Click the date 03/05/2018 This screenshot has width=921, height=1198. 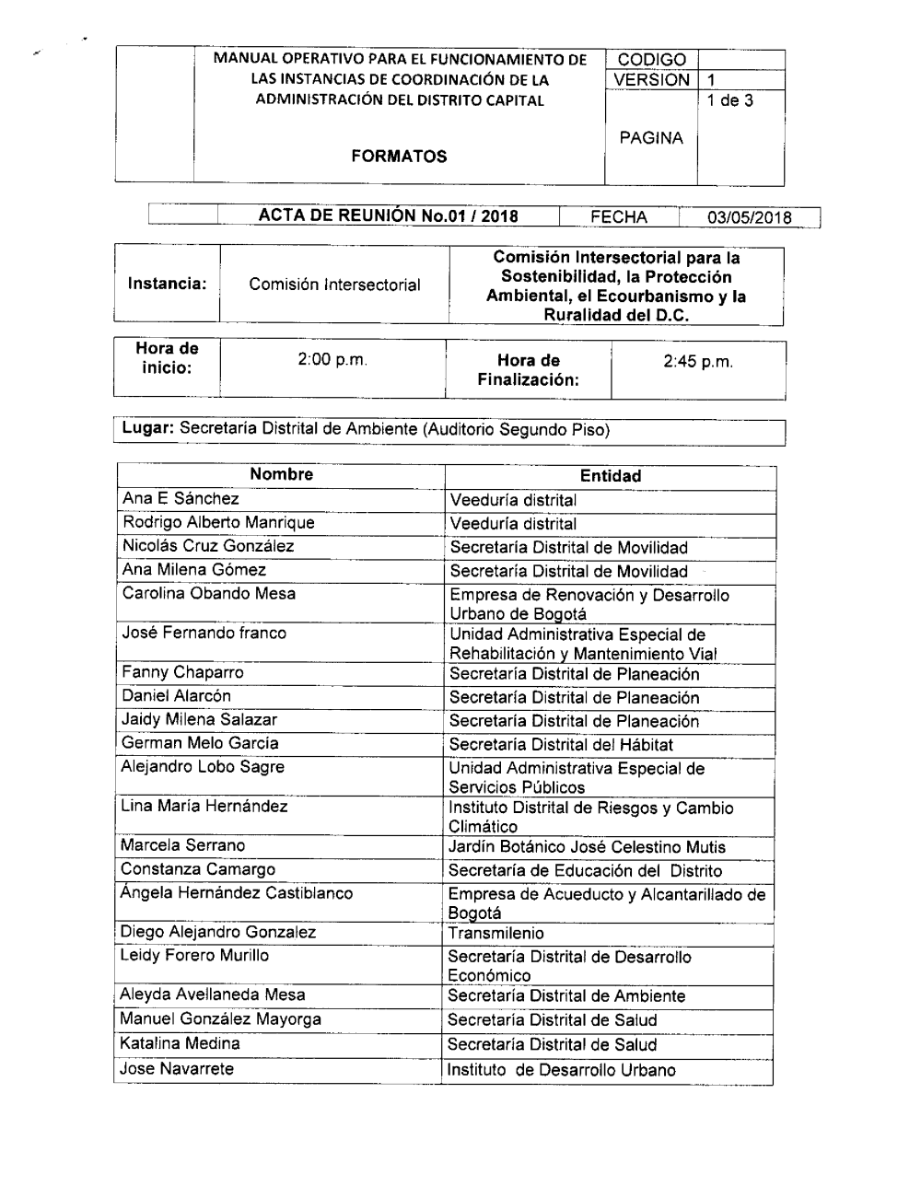click(749, 217)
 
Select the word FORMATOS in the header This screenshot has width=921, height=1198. click(399, 156)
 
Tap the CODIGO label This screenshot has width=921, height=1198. click(651, 60)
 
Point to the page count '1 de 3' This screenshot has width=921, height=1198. click(729, 100)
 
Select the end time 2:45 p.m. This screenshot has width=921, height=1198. click(698, 361)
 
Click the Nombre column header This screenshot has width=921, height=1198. click(281, 474)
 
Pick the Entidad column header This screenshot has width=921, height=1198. click(610, 476)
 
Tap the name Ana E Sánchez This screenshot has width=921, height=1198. click(181, 499)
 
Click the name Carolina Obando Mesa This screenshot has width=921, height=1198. click(209, 594)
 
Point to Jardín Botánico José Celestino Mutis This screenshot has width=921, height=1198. click(587, 847)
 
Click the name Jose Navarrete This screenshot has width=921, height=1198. click(177, 1069)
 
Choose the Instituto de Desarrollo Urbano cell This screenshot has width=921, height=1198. click(561, 1070)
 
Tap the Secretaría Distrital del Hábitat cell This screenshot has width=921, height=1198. click(561, 745)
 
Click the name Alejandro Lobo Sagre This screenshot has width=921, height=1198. click(203, 767)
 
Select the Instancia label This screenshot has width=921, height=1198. click(167, 284)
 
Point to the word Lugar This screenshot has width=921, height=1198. click(148, 429)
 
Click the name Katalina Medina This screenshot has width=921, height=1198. click(180, 1043)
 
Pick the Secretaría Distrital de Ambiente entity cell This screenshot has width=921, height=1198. click(566, 995)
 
